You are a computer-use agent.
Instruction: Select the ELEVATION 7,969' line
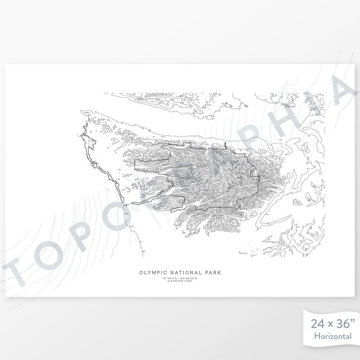point(180,281)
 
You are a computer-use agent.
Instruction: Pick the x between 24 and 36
point(329,325)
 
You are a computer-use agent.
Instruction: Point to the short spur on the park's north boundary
point(225,146)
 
